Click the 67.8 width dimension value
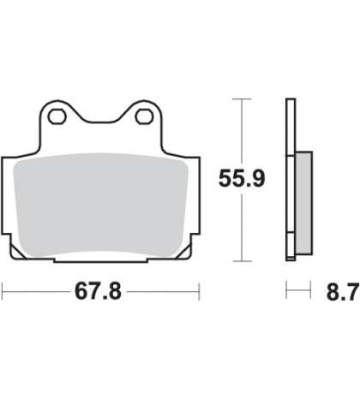pos(98,291)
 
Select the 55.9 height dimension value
pos(242,178)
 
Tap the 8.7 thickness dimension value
pos(342,292)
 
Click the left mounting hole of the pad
pos(57,116)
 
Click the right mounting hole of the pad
pos(144,116)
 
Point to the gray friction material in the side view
pos(303,203)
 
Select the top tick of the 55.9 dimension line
pos(242,99)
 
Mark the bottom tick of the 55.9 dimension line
pos(242,261)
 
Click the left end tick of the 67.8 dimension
pos(3,291)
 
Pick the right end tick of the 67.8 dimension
pos(199,291)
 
